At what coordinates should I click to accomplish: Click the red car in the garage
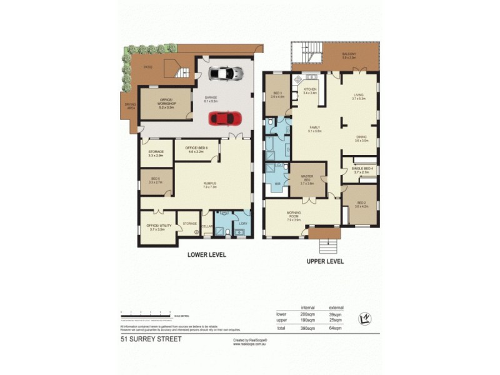224,117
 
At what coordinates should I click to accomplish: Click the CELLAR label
207,226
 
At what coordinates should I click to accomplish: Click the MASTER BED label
306,178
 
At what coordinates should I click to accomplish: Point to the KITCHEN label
311,89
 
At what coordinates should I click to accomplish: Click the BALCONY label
349,54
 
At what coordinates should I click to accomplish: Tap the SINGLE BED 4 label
363,169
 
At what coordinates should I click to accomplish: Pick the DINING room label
361,137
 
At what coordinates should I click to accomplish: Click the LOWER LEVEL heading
207,255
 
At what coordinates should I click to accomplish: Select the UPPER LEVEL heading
324,261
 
